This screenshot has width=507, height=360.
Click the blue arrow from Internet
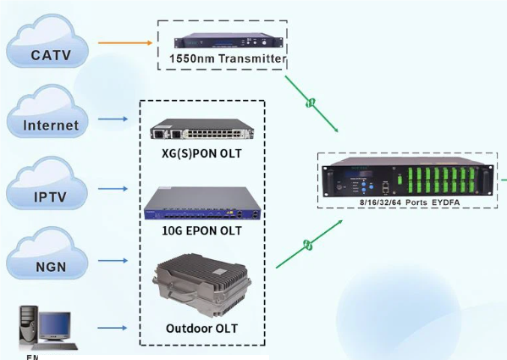coord(113,119)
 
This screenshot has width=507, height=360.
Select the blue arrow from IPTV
coord(113,191)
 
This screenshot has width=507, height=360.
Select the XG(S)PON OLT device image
coord(201,130)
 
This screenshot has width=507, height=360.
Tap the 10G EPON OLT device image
coord(201,203)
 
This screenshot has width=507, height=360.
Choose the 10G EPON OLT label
coord(201,230)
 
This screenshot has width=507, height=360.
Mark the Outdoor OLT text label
coord(201,328)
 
